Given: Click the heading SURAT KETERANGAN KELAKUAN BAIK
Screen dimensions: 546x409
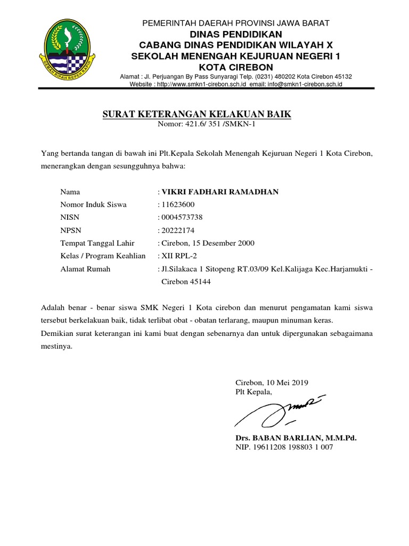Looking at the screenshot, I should pyautogui.click(x=197, y=115).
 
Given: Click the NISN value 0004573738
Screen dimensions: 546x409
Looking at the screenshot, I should pyautogui.click(x=182, y=218).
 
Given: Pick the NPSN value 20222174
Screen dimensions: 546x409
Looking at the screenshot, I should pyautogui.click(x=178, y=230).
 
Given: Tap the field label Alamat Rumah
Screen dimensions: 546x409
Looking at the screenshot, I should pyautogui.click(x=85, y=269).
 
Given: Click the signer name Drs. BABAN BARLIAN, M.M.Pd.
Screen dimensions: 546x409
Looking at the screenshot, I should pyautogui.click(x=296, y=438).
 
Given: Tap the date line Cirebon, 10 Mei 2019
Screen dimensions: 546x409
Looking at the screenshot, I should pyautogui.click(x=272, y=383).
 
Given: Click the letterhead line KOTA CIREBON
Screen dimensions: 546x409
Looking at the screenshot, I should pyautogui.click(x=235, y=67).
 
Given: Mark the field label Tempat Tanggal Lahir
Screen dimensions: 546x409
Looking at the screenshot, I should pyautogui.click(x=97, y=243).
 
